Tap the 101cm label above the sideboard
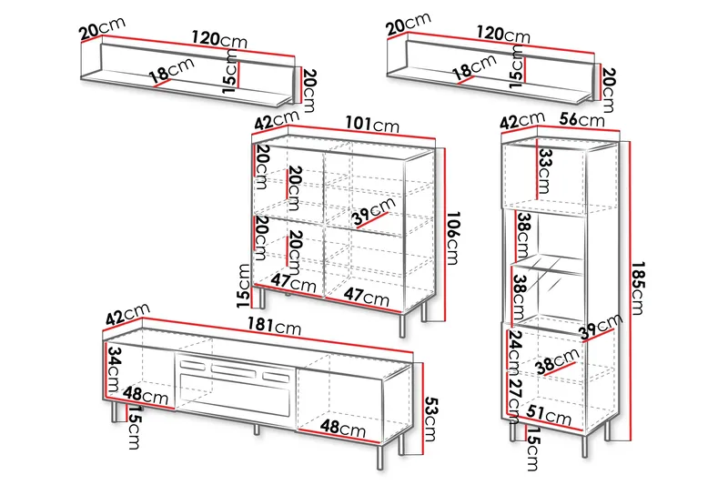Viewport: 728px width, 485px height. [372, 124]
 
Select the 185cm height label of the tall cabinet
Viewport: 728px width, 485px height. [638, 288]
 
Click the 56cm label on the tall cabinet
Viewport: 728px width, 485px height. [581, 119]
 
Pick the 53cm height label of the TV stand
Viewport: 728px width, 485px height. [431, 419]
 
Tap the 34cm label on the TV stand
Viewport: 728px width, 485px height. [114, 370]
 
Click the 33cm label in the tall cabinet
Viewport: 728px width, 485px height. [544, 171]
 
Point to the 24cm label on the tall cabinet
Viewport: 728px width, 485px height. [515, 352]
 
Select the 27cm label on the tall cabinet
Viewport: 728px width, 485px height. [515, 401]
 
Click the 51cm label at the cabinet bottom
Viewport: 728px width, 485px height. [549, 414]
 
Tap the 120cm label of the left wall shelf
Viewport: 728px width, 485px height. [219, 38]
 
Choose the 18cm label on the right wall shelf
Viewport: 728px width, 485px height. [474, 66]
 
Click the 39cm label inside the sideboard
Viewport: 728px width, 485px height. [374, 211]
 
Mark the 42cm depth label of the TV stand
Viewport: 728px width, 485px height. [127, 313]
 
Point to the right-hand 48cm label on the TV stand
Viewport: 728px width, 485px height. [343, 427]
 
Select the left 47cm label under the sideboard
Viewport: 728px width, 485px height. [294, 282]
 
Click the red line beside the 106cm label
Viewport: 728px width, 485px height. [445, 235]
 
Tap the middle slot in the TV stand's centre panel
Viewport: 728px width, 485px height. [233, 371]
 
